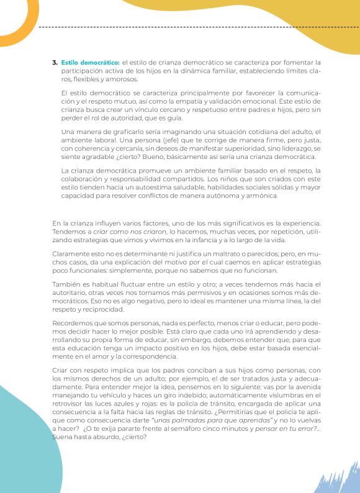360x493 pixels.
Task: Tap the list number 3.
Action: pyautogui.click(x=55, y=63)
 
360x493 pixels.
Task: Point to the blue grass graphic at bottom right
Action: pyautogui.click(x=338, y=478)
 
